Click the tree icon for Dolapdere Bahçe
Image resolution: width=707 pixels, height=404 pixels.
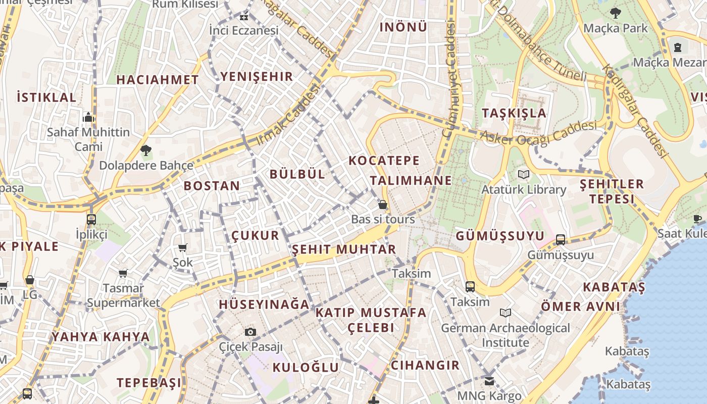(146, 150)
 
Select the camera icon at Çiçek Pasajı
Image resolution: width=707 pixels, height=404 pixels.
(250, 332)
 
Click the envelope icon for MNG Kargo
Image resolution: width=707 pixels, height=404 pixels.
(489, 381)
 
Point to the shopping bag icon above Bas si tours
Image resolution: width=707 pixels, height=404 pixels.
(383, 205)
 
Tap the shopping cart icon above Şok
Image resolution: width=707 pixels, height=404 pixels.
(183, 247)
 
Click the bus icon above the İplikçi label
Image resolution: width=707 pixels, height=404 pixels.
(91, 220)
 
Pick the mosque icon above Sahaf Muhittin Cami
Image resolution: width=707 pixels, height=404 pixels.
(88, 118)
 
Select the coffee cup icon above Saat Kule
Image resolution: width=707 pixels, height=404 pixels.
(697, 219)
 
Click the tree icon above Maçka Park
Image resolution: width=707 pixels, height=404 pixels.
(615, 13)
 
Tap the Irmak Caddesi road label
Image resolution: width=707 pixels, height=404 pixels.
(289, 115)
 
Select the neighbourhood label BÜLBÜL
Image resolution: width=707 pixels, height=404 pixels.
(297, 174)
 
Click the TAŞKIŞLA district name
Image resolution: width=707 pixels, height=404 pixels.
(514, 113)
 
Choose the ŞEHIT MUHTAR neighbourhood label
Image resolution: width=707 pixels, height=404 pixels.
(344, 249)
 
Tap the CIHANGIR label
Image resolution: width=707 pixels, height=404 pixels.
(425, 365)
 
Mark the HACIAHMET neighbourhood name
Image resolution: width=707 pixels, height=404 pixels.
(158, 80)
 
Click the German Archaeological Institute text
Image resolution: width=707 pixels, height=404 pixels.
(506, 335)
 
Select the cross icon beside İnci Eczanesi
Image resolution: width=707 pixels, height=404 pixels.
(244, 17)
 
